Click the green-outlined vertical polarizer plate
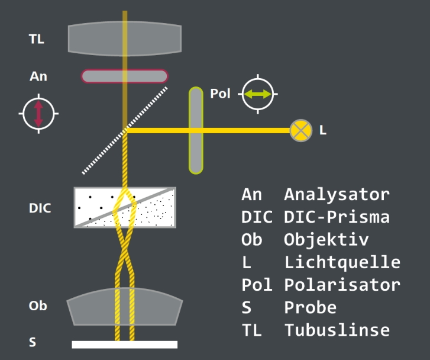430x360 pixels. tap(196, 130)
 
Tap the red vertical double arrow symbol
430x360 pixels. tap(38, 114)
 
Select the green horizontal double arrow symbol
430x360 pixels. tap(258, 94)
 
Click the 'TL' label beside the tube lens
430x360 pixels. tap(37, 40)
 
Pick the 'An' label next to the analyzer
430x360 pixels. tap(38, 76)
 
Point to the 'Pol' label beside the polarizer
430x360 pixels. tap(219, 94)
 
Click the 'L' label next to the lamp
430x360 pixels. tap(322, 130)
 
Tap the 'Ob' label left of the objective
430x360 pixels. tap(38, 306)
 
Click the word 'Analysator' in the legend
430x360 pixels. tap(337, 194)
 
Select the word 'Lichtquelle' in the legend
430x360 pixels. tap(342, 262)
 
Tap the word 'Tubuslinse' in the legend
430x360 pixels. tap(337, 330)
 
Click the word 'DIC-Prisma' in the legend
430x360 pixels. tap(337, 217)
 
